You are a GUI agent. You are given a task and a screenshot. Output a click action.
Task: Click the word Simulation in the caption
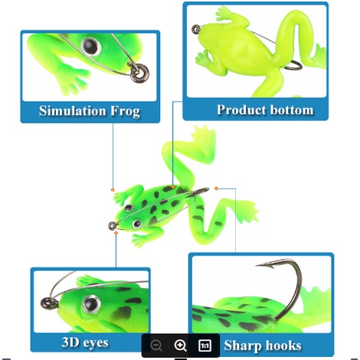pos(72,111)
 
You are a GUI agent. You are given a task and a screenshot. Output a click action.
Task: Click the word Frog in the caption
pos(125,112)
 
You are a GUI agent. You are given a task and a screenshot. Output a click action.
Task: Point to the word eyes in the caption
pos(97,343)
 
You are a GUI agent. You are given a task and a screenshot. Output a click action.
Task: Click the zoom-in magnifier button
pos(180,345)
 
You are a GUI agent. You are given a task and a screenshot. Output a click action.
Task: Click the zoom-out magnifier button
pos(156,345)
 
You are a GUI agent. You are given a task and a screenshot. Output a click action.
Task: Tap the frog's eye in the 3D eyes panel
pos(90,304)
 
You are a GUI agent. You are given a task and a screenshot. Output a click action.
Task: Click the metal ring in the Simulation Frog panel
pos(139,73)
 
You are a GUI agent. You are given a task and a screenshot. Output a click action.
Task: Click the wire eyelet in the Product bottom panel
pos(196,29)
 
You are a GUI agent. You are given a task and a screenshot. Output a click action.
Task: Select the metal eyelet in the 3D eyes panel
pos(47,303)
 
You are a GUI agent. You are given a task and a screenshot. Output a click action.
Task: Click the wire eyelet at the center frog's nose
pos(113,225)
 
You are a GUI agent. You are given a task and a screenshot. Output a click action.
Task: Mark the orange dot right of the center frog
pos(216,188)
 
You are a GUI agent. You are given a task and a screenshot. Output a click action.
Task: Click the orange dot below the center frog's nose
pos(116,233)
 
